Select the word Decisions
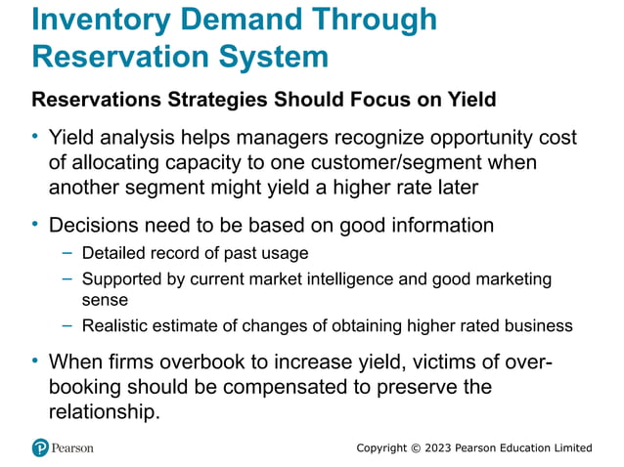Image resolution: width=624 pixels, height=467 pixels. [x=93, y=226]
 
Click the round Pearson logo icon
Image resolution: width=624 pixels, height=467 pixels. [x=40, y=448]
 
